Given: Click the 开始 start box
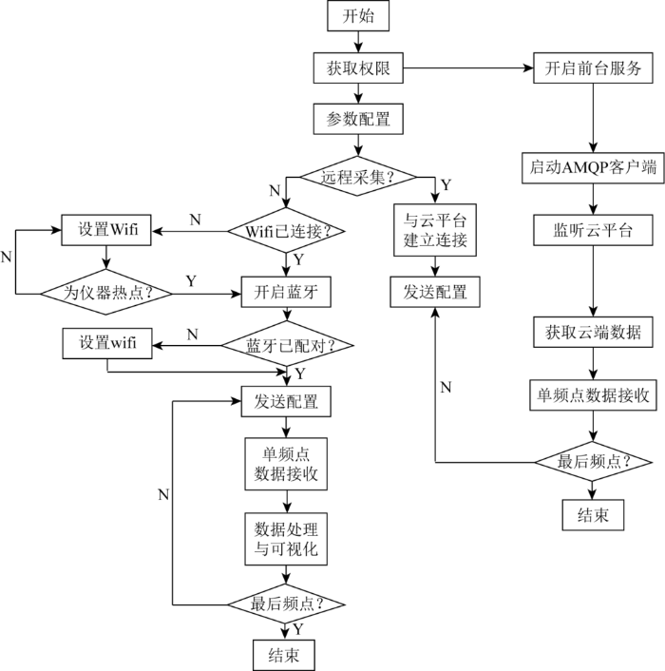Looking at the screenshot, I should tap(358, 16).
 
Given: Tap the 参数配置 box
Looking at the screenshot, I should tap(358, 121).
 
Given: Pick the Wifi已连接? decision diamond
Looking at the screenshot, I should tap(286, 230).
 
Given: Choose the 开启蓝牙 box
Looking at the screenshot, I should tap(286, 293).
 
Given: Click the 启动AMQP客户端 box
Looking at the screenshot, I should tap(594, 166).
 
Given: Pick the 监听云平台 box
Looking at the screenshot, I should tap(594, 231).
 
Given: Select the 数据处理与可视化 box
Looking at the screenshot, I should tap(286, 539).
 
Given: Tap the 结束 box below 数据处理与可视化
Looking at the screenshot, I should tap(286, 654).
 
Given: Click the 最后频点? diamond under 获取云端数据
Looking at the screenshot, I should tap(594, 462).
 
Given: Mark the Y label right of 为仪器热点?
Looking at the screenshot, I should tap(191, 281).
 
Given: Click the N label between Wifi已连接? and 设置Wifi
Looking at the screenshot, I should tap(195, 220).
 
